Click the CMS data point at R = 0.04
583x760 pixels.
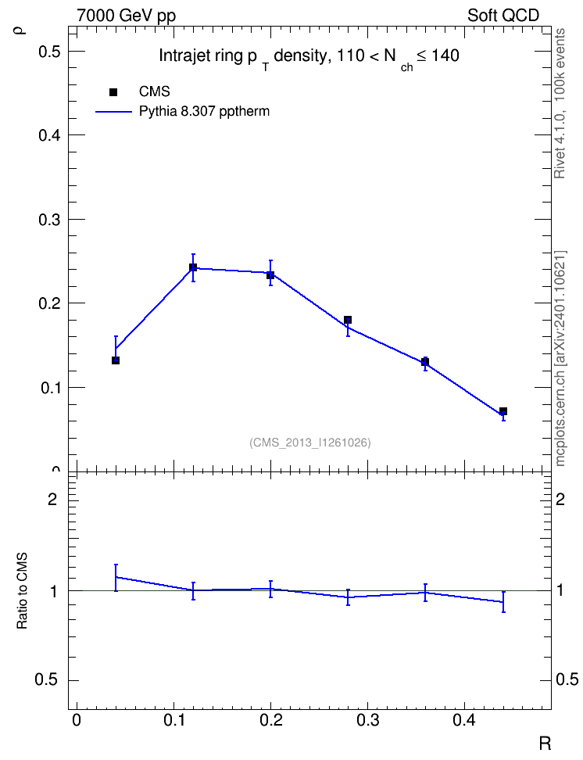click(x=116, y=360)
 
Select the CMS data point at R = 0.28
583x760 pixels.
click(x=348, y=320)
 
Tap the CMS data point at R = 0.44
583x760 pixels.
click(x=503, y=411)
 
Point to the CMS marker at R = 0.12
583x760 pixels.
click(x=193, y=267)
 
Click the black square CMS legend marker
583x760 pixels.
click(x=113, y=92)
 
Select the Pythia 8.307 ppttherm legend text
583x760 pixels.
click(x=204, y=112)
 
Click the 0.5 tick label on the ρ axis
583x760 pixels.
click(x=49, y=51)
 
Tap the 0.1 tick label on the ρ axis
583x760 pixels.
click(x=49, y=388)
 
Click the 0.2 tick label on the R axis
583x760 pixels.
click(x=271, y=720)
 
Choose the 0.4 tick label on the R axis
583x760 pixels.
click(x=465, y=720)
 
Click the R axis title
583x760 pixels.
click(x=545, y=743)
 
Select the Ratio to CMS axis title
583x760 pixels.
click(x=22, y=591)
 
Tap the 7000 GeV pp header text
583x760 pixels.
click(x=126, y=16)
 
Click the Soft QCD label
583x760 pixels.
click(x=503, y=16)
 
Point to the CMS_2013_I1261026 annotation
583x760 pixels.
click(x=310, y=443)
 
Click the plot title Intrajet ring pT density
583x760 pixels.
click(x=309, y=58)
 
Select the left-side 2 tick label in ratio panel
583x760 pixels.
click(x=52, y=499)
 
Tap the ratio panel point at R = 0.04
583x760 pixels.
click(x=116, y=577)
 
